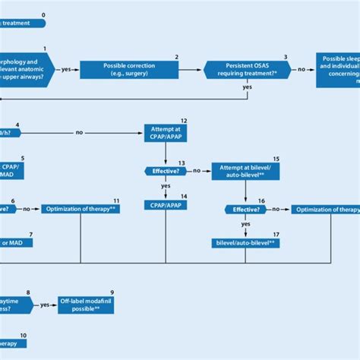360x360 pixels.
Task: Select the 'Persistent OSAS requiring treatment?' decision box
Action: [x=246, y=69]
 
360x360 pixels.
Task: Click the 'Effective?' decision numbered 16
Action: [x=246, y=209]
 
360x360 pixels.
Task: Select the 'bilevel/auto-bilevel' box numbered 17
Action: [x=246, y=243]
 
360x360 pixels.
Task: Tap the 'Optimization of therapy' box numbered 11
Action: [x=81, y=209]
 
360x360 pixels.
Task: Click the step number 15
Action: [x=276, y=159]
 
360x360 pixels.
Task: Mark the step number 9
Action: [x=112, y=292]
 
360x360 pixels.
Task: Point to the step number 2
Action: [x=177, y=57]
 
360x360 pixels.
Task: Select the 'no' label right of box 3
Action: [x=302, y=69]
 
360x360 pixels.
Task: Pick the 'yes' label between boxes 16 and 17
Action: [x=246, y=224]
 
